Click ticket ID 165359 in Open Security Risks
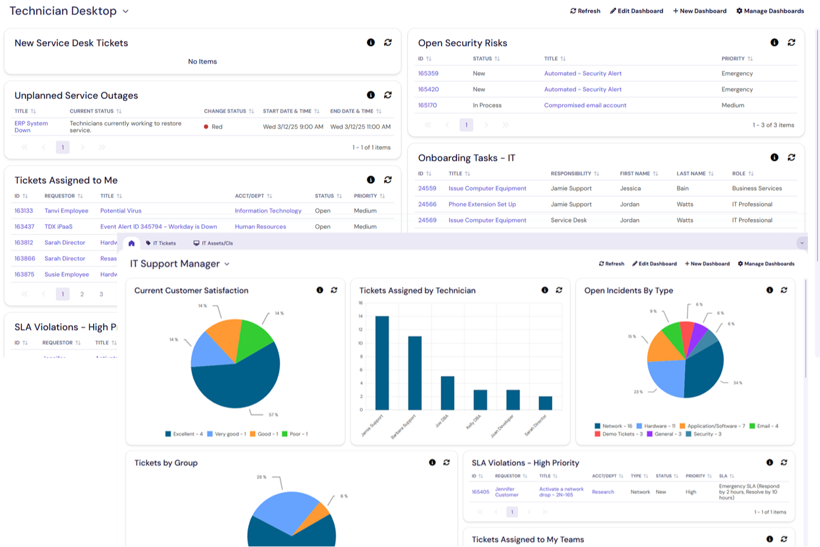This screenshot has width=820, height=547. click(x=428, y=73)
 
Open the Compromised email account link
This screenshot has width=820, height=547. click(x=585, y=105)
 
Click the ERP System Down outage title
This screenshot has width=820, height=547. click(x=30, y=127)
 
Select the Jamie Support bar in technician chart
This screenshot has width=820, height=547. click(x=382, y=362)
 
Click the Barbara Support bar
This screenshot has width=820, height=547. click(x=414, y=372)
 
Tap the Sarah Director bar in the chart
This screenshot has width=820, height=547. click(x=545, y=403)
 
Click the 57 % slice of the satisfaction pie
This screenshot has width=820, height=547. click(x=238, y=382)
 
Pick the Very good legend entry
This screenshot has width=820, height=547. click(x=226, y=434)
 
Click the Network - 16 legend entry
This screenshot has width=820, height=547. click(x=613, y=426)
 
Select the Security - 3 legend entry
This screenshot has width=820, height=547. click(x=703, y=434)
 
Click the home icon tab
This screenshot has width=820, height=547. click(x=131, y=243)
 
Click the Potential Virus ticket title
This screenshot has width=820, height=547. click(x=121, y=211)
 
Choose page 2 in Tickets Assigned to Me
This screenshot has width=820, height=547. click(x=82, y=294)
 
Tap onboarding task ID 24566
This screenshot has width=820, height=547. click(x=427, y=205)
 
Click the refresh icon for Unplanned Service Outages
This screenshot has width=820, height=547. click(x=388, y=95)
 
